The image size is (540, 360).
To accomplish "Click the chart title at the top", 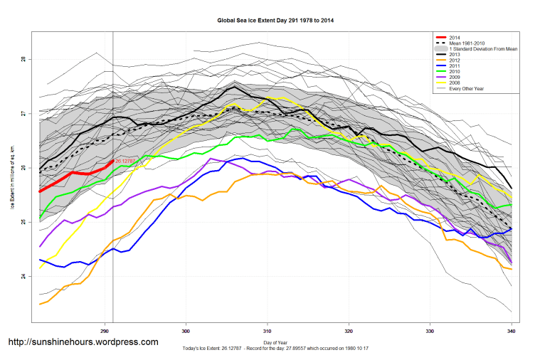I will click(x=275, y=21).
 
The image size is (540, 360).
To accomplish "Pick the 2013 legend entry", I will click(x=455, y=55).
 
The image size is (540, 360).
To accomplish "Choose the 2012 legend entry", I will click(x=455, y=61).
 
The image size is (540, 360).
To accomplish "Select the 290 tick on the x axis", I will click(x=105, y=332).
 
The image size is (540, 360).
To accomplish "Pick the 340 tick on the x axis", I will click(x=512, y=332).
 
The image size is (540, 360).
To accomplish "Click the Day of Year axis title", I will click(x=275, y=343).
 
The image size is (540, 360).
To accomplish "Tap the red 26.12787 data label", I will click(x=125, y=162).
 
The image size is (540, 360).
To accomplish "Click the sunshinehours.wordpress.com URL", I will click(x=83, y=342).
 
